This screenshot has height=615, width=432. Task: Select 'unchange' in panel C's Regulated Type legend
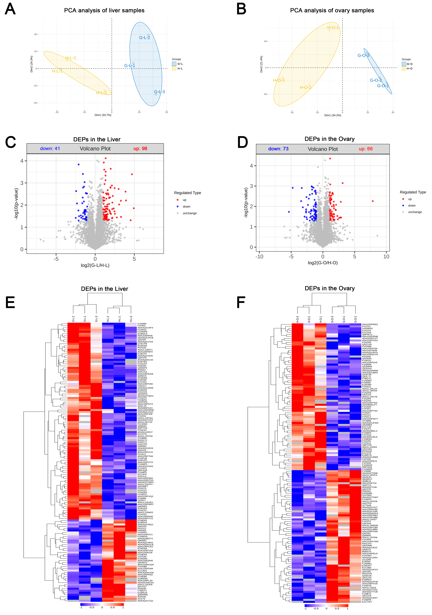(189, 213)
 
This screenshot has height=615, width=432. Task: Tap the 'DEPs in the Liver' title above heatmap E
(105, 289)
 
